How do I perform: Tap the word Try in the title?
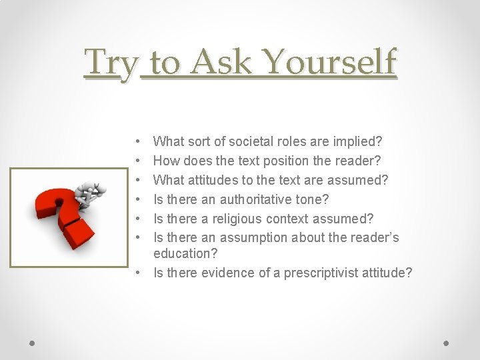click(111, 64)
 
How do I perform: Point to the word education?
click(179, 253)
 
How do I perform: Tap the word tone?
click(315, 199)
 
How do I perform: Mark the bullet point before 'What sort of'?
click(137, 142)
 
